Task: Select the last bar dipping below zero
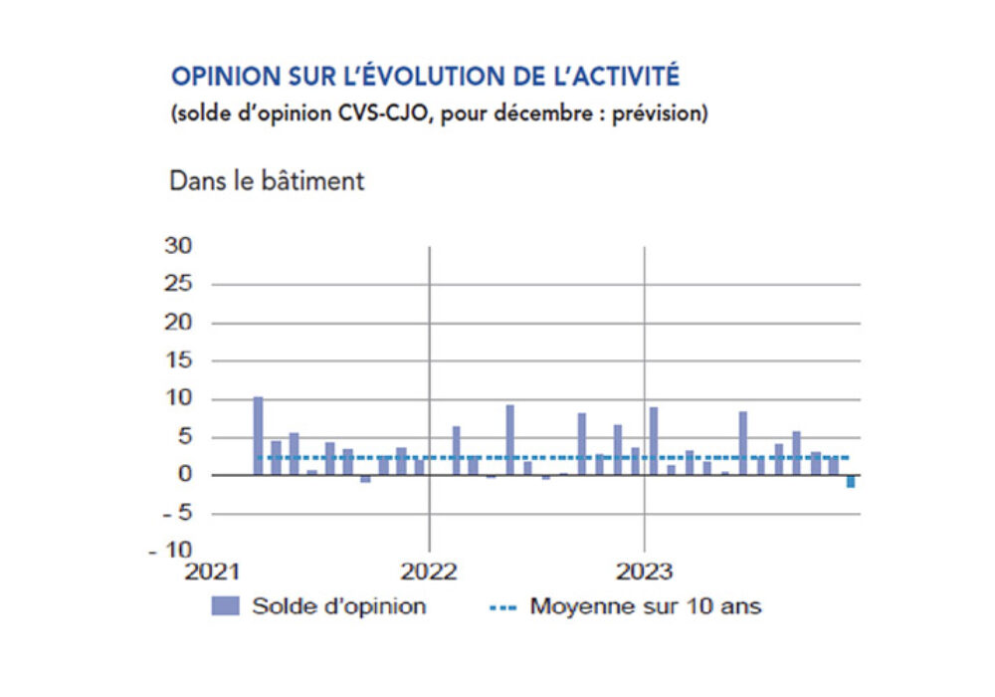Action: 851,481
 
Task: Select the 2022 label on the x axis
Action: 428,573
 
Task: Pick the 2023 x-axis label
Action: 645,573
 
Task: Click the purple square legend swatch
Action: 226,605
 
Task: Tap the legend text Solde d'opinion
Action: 338,605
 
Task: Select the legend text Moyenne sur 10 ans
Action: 646,605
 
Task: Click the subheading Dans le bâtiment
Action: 267,181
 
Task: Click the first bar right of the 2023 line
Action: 654,441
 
